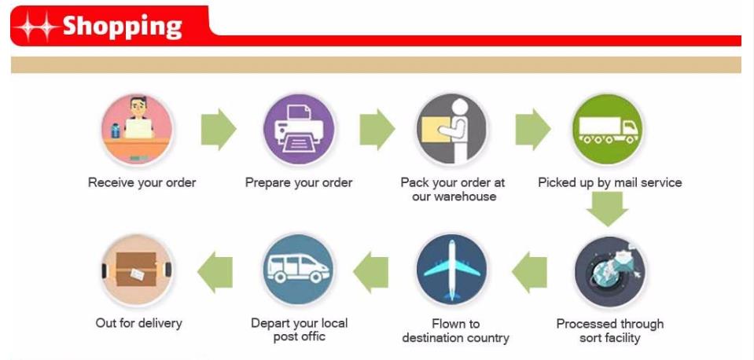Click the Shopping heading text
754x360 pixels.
[x=123, y=26]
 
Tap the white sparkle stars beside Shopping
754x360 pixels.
[x=37, y=27]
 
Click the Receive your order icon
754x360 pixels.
[x=138, y=129]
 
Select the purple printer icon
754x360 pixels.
[x=299, y=129]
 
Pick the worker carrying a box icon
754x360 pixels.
[x=452, y=129]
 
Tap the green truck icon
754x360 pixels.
[x=608, y=129]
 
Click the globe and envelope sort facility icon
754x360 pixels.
[x=610, y=271]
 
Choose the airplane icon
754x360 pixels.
[x=452, y=269]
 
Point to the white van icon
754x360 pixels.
[x=299, y=269]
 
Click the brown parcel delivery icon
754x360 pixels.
[x=138, y=270]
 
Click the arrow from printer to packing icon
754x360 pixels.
[x=377, y=129]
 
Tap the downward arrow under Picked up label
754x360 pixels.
[x=608, y=208]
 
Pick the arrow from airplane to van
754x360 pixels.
[x=371, y=271]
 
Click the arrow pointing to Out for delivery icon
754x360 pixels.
[x=215, y=271]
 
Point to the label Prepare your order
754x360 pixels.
[x=299, y=182]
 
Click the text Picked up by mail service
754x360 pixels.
[x=610, y=182]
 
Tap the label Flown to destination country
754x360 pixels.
[x=455, y=331]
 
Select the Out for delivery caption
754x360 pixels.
[x=138, y=322]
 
